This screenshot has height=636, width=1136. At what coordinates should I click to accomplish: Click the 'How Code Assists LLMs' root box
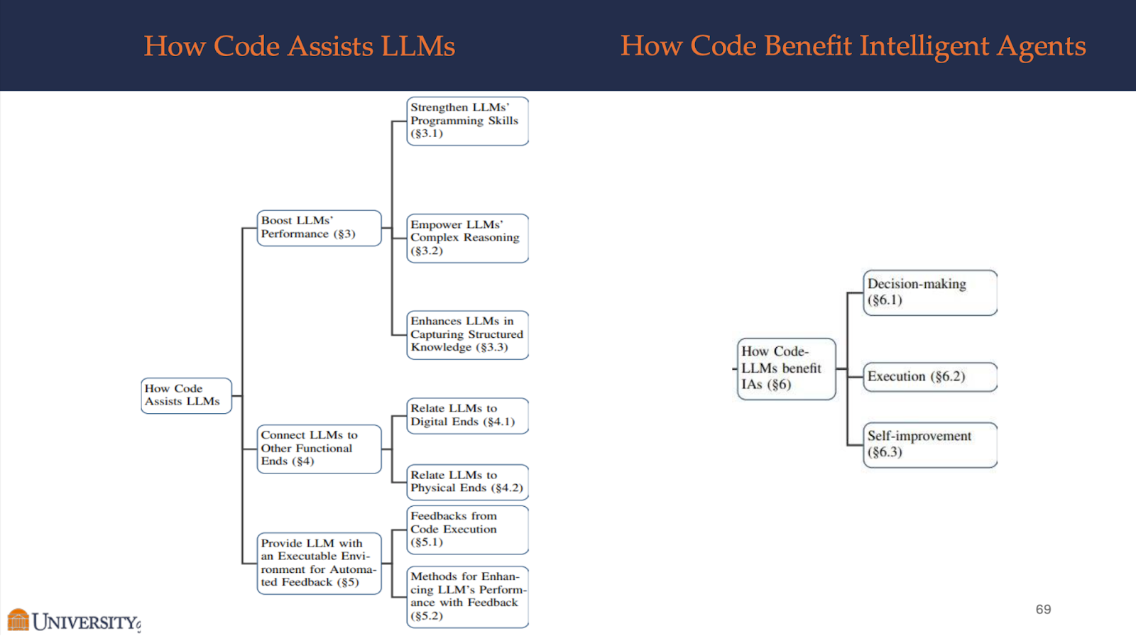point(186,395)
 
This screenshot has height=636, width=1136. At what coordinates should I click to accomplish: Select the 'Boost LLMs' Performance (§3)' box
point(319,228)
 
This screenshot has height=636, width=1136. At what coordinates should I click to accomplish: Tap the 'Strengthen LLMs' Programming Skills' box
point(467,121)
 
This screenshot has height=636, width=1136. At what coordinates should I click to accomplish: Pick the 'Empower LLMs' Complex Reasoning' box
point(467,238)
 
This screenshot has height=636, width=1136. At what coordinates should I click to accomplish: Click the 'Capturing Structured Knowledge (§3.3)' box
point(467,334)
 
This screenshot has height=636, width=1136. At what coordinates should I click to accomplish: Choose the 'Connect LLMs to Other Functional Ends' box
point(319,449)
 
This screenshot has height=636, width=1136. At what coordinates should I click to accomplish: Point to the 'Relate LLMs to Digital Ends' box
point(467,415)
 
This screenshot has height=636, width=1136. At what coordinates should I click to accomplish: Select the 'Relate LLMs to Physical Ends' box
point(467,482)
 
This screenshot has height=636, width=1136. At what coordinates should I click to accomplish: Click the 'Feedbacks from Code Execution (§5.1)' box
point(467,530)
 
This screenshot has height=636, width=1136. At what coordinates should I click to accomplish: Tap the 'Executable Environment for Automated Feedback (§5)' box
point(319,563)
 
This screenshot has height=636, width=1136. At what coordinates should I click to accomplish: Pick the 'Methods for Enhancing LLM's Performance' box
point(467,596)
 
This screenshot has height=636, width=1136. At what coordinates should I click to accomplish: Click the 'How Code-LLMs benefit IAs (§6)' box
point(786,368)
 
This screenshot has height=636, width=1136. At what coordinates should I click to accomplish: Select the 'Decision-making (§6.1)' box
point(929,292)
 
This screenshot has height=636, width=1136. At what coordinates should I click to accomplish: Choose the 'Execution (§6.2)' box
point(929,377)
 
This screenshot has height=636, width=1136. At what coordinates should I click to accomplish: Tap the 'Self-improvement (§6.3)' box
point(929,444)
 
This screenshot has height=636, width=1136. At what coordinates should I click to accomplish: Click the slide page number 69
point(1043,610)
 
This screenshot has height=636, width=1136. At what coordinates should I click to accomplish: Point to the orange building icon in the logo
point(18,620)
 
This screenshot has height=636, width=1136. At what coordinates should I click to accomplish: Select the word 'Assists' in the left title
point(331,47)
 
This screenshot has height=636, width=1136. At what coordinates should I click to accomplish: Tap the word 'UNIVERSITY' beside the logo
point(87,623)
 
